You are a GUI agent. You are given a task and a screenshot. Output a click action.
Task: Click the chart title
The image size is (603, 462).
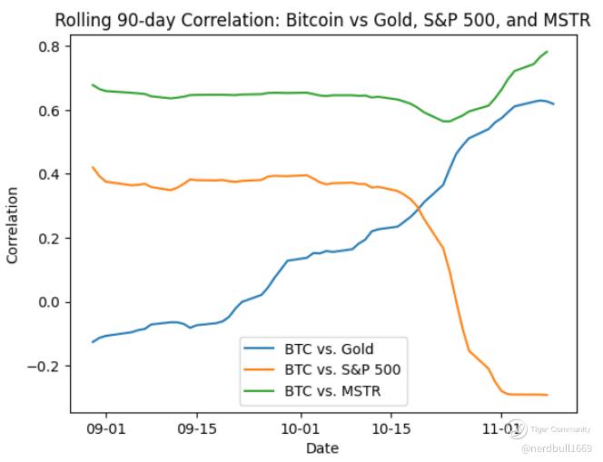point(322,20)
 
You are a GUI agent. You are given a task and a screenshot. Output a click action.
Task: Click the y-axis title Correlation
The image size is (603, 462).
point(13,225)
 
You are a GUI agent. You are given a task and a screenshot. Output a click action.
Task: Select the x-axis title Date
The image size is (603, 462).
point(322,447)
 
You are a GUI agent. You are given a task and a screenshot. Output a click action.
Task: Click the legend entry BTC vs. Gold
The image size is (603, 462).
point(329,349)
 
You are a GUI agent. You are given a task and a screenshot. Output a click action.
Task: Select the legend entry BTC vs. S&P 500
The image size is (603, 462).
point(342,370)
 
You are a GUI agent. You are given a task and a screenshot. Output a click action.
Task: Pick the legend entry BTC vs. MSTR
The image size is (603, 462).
point(333,392)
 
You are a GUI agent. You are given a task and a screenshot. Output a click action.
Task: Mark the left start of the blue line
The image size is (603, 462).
point(93,341)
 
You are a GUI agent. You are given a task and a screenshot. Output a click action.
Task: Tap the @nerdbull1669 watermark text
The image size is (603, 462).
point(557,447)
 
